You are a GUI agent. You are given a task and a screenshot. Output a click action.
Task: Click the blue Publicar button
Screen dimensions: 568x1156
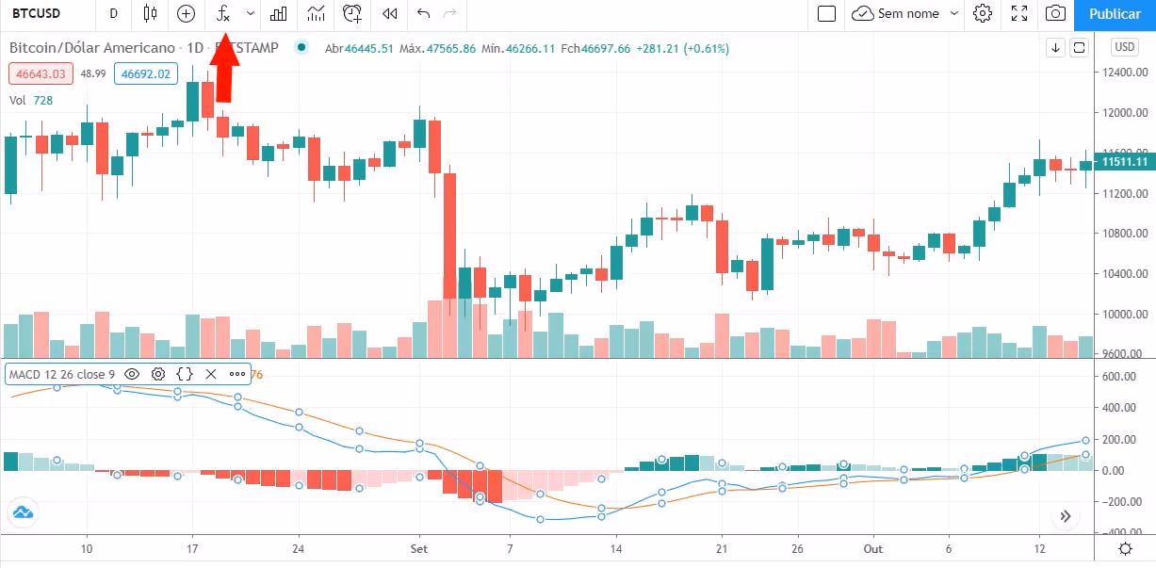click(x=1115, y=14)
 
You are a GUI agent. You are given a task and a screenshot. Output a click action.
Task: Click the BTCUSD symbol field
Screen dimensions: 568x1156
click(x=38, y=14)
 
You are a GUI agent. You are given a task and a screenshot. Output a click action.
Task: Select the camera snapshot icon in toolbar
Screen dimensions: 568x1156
click(x=1056, y=14)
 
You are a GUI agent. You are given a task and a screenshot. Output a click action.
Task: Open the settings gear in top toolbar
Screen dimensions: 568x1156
click(x=983, y=14)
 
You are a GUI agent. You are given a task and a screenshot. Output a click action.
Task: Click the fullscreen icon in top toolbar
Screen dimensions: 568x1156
click(x=1019, y=14)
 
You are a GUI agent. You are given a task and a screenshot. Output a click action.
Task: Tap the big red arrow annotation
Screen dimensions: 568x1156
click(x=224, y=70)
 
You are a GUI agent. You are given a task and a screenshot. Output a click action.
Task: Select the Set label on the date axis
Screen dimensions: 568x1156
click(x=419, y=548)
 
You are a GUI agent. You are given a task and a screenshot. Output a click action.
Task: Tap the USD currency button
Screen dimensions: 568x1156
click(x=1125, y=47)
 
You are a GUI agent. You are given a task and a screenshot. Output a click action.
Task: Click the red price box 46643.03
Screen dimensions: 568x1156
click(x=39, y=73)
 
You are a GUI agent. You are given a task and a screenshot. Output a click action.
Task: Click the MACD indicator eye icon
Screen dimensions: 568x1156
click(x=132, y=374)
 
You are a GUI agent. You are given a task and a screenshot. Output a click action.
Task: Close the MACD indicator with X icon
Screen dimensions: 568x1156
click(x=211, y=374)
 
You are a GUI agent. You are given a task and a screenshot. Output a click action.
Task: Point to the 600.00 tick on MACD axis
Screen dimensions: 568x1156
click(x=1119, y=376)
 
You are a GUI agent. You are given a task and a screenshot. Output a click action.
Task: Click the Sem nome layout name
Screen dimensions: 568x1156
click(x=908, y=14)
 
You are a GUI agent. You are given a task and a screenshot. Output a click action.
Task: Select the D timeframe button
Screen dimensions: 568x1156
click(x=114, y=14)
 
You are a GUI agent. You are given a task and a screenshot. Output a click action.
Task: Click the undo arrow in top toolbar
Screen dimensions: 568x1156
click(x=423, y=14)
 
